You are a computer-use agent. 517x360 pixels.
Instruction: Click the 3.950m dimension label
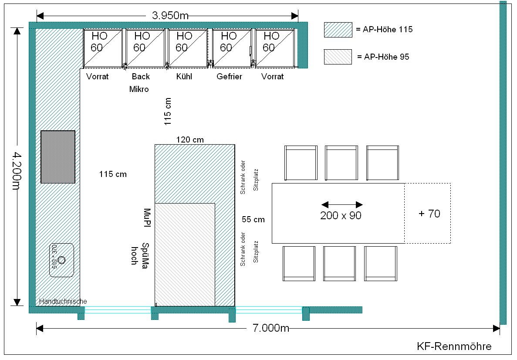[x=170, y=16]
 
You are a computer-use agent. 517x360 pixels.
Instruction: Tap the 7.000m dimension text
[x=271, y=328]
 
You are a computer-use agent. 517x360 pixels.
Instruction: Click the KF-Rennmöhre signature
[x=454, y=346]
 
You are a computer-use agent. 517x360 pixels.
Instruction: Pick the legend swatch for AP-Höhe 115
[x=338, y=30]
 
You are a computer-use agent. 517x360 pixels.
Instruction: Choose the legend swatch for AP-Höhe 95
[x=338, y=57]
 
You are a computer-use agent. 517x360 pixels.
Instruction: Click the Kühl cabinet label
[x=184, y=77]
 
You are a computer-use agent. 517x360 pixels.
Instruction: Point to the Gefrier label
[x=229, y=77]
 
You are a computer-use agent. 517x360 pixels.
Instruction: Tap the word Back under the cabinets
[x=141, y=77]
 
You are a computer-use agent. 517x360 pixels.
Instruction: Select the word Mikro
[x=139, y=89]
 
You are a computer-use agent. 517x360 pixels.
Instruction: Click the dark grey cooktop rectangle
[x=58, y=157]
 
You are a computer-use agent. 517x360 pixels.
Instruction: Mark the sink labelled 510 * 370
[x=61, y=260]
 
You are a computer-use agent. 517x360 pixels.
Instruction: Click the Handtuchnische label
[x=63, y=301]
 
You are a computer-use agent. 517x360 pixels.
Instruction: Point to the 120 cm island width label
[x=190, y=139]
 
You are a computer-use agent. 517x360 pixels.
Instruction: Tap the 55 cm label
[x=253, y=219]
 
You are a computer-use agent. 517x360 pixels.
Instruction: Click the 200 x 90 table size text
[x=341, y=215]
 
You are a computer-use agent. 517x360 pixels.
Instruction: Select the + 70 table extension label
[x=429, y=214]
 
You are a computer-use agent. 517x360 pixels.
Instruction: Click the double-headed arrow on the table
[x=342, y=204]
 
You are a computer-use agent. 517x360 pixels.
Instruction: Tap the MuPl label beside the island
[x=147, y=218]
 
